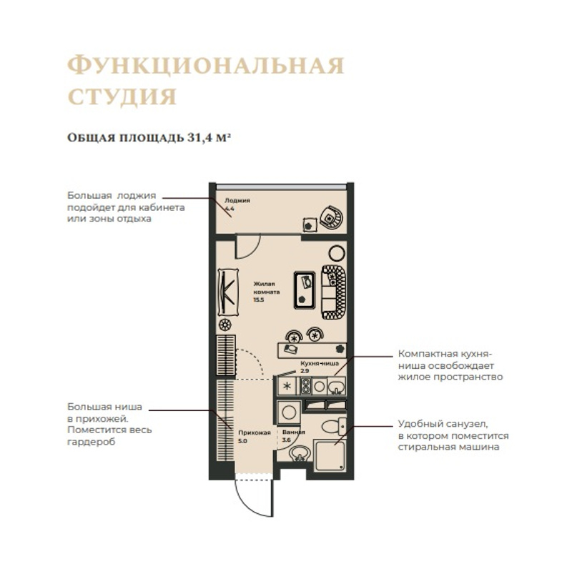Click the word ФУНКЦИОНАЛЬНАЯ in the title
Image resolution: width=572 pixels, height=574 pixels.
pyautogui.click(x=206, y=66)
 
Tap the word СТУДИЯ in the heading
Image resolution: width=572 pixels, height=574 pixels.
pyautogui.click(x=122, y=97)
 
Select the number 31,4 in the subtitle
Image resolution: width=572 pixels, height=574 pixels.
pyautogui.click(x=200, y=138)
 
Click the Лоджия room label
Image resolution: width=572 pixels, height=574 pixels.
pyautogui.click(x=237, y=201)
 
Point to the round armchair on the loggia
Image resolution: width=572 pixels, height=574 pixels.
pyautogui.click(x=332, y=217)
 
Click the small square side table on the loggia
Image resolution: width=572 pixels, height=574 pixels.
pyautogui.click(x=310, y=224)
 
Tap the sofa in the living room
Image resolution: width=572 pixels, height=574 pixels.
pyautogui.click(x=334, y=292)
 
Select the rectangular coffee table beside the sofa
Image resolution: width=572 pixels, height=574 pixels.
pyautogui.click(x=305, y=290)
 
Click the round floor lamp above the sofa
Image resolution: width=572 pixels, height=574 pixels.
pyautogui.click(x=337, y=253)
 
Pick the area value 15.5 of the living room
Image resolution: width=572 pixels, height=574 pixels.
pyautogui.click(x=259, y=300)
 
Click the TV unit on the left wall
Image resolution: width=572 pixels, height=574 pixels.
pyautogui.click(x=228, y=292)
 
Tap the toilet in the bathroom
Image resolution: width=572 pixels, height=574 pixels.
pyautogui.click(x=334, y=426)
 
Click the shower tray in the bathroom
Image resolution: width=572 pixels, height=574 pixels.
pyautogui.click(x=330, y=456)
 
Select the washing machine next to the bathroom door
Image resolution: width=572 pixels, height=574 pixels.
pyautogui.click(x=289, y=412)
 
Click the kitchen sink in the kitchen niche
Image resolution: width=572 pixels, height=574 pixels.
pyautogui.click(x=336, y=386)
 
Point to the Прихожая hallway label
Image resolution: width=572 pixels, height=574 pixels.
pyautogui.click(x=255, y=432)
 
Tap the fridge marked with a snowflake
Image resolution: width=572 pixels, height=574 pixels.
pyautogui.click(x=288, y=386)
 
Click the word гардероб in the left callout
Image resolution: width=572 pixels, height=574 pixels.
pyautogui.click(x=92, y=442)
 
